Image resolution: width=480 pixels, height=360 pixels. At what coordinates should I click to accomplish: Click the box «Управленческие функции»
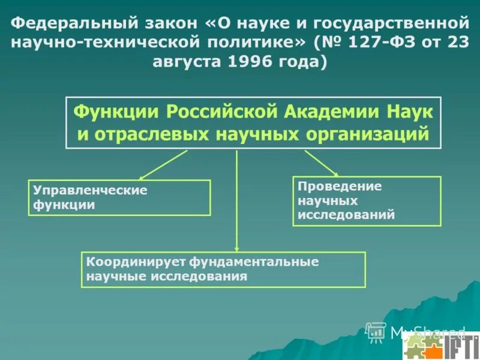tap(119, 197)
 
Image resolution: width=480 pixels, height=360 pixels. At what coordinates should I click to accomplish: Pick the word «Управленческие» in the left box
tap(90, 190)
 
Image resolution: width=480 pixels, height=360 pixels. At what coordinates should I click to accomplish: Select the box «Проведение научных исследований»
tap(367, 201)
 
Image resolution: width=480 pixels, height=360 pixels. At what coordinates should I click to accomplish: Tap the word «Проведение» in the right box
tap(340, 187)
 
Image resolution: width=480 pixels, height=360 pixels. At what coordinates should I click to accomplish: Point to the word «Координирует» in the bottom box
tap(137, 262)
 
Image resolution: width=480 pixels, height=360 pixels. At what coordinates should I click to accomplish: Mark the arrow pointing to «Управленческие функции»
tap(163, 165)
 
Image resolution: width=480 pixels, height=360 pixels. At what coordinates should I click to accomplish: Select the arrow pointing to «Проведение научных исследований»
tap(322, 162)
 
